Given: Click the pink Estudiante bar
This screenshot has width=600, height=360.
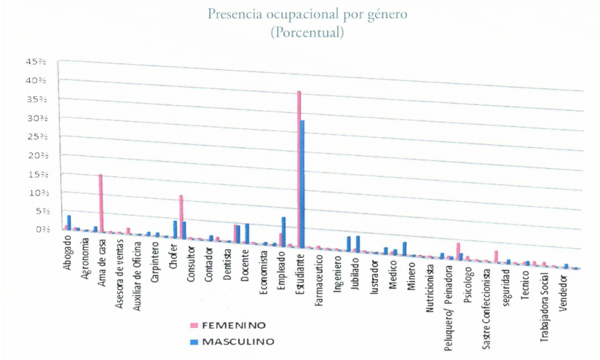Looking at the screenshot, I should pyautogui.click(x=299, y=168).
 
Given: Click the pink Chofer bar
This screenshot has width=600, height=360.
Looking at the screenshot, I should pyautogui.click(x=181, y=215).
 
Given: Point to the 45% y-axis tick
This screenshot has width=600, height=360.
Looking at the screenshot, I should pyautogui.click(x=37, y=61).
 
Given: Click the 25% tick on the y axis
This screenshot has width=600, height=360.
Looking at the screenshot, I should pyautogui.click(x=37, y=136).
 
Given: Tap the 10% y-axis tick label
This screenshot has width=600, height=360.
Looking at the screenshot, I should pyautogui.click(x=37, y=192).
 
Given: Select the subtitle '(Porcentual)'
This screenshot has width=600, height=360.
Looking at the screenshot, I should pyautogui.click(x=306, y=33).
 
